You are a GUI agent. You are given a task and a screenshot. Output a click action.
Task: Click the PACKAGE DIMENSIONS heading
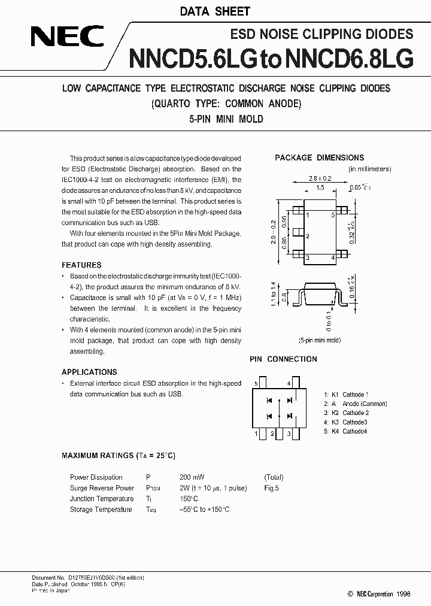click(x=319, y=157)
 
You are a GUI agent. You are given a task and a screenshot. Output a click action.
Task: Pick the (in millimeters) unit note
click(x=369, y=169)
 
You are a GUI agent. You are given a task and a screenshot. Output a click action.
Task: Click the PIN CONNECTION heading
click(x=283, y=359)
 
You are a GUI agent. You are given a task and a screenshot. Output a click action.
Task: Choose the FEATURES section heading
click(x=81, y=265)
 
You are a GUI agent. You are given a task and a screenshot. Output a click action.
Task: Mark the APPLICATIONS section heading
click(x=89, y=372)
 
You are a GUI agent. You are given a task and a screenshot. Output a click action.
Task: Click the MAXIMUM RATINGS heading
click(x=119, y=456)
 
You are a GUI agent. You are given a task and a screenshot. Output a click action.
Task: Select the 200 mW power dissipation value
click(x=192, y=477)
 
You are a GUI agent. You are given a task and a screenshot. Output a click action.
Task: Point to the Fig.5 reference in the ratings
click(x=271, y=488)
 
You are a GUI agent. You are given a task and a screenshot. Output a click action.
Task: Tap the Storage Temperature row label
click(x=101, y=510)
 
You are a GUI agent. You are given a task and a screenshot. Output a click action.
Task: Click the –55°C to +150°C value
click(x=204, y=510)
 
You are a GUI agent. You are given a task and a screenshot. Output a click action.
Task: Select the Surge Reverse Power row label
click(x=102, y=488)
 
